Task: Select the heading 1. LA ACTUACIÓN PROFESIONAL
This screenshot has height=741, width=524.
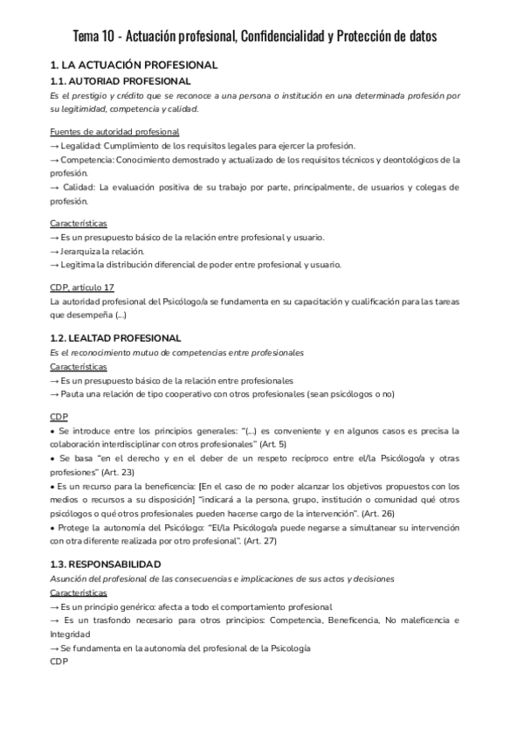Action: coord(134,66)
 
